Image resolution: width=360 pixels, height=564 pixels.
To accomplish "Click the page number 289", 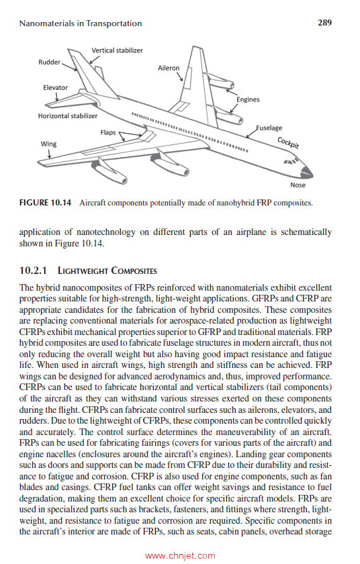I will click(324, 23).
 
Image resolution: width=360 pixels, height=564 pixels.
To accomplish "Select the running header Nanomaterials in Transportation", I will click(81, 23).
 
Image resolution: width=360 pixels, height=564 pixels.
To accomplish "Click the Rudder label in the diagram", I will click(49, 62).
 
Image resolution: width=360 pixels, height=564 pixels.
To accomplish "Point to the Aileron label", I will click(169, 68).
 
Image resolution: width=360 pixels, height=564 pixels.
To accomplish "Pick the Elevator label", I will click(55, 87).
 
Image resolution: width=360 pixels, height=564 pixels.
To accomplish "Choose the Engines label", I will click(248, 99).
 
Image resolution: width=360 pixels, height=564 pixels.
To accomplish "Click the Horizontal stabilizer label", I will click(68, 115).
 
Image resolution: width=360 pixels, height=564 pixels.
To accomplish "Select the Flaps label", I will click(108, 132).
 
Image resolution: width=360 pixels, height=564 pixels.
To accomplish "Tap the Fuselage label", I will click(269, 128).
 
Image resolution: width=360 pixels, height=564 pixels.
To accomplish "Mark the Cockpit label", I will click(288, 142).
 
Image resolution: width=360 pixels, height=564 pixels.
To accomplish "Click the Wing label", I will click(48, 144).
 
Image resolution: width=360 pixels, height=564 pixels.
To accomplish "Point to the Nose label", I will click(298, 185).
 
